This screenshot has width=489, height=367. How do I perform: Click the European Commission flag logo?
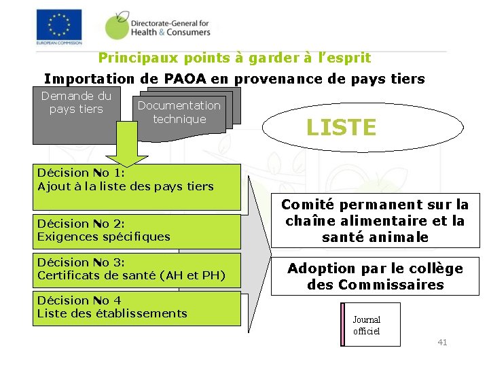(x=58, y=25)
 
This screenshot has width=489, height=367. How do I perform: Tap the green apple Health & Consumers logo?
(x=117, y=26)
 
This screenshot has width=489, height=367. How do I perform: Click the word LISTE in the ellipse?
(x=341, y=127)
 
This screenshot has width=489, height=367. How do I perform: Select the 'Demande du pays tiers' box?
(x=76, y=116)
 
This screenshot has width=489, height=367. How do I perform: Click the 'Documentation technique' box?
(x=179, y=113)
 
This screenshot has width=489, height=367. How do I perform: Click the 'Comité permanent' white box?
(x=375, y=221)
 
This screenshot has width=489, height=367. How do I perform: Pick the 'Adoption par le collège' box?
(x=375, y=277)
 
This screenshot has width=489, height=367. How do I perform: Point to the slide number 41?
(x=442, y=343)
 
